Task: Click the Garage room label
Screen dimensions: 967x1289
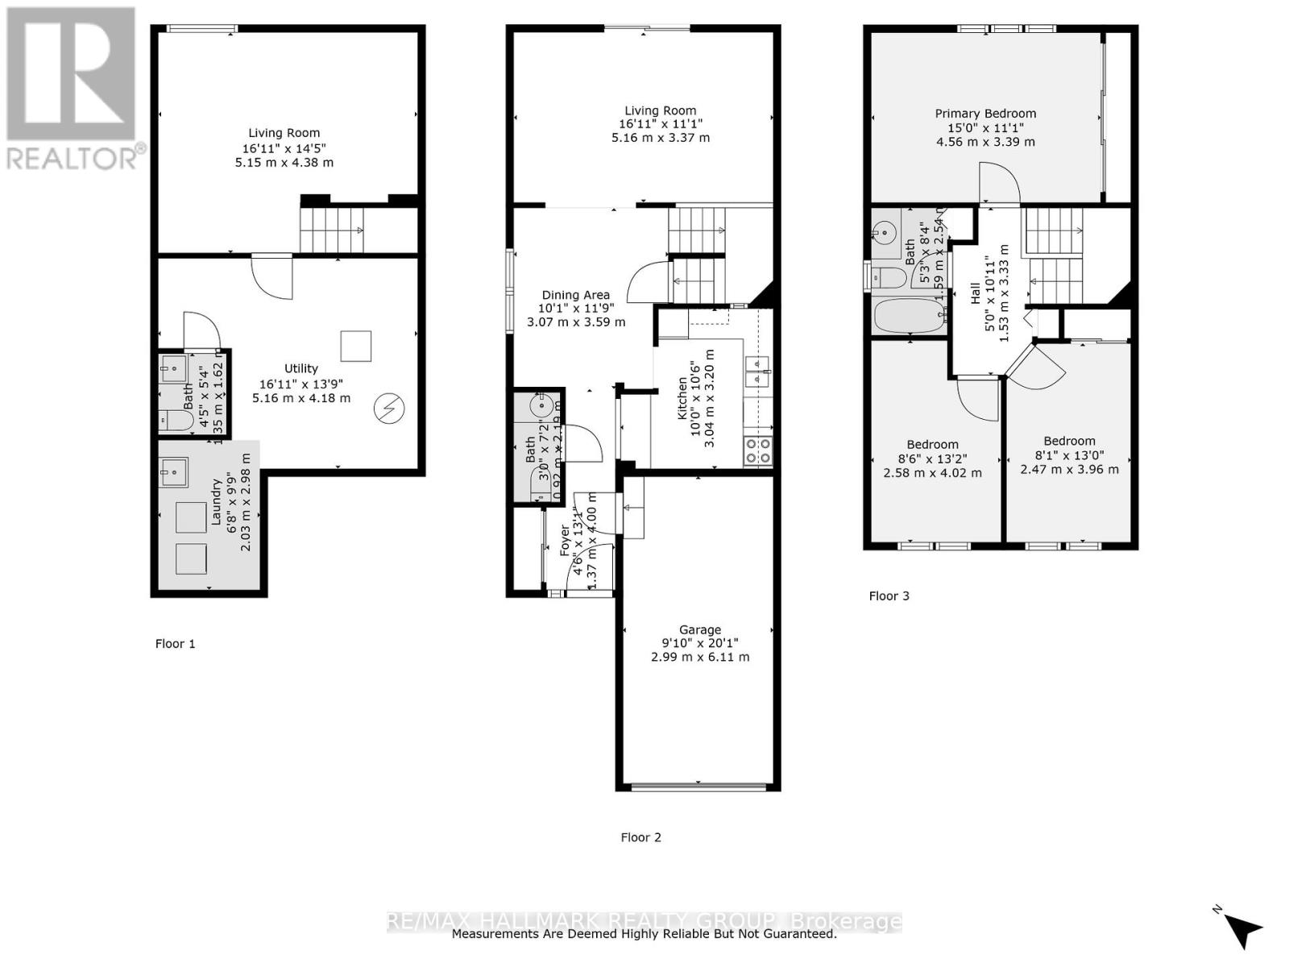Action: (699, 630)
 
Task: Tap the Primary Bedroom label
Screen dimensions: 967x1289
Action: (985, 114)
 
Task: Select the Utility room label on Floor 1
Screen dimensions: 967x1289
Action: (300, 369)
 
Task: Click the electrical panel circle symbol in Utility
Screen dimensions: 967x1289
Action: (388, 409)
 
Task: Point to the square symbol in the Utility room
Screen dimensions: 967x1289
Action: (356, 347)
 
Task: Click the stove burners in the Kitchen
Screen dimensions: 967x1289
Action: (757, 450)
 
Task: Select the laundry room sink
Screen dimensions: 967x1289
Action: (173, 472)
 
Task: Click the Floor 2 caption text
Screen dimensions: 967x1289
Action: (640, 837)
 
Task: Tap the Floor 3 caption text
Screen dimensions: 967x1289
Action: (889, 596)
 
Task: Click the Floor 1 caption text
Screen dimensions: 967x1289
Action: (175, 644)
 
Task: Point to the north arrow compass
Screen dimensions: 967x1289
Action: (1243, 929)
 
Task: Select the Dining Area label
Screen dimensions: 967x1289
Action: (575, 295)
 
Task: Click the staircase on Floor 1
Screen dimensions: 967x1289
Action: (331, 230)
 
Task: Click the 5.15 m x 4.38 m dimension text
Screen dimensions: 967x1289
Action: (284, 163)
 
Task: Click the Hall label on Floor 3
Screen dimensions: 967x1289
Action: (976, 292)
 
